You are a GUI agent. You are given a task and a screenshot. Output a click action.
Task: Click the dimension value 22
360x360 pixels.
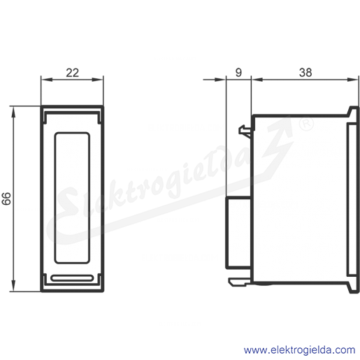[x=73, y=73]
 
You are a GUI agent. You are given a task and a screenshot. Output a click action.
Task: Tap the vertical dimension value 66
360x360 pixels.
[x=6, y=199]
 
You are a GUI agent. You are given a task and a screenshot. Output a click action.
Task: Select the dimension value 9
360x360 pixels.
[x=238, y=73]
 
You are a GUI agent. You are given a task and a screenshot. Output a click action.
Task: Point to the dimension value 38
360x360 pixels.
[x=305, y=73]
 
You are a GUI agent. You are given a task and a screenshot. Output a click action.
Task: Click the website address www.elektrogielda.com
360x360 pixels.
[x=300, y=350]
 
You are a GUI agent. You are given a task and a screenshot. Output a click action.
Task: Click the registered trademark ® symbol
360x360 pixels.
[x=306, y=124]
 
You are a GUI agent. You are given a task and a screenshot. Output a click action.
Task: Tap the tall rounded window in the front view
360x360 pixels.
[x=72, y=198]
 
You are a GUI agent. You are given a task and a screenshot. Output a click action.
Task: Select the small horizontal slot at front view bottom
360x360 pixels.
[x=72, y=278]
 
